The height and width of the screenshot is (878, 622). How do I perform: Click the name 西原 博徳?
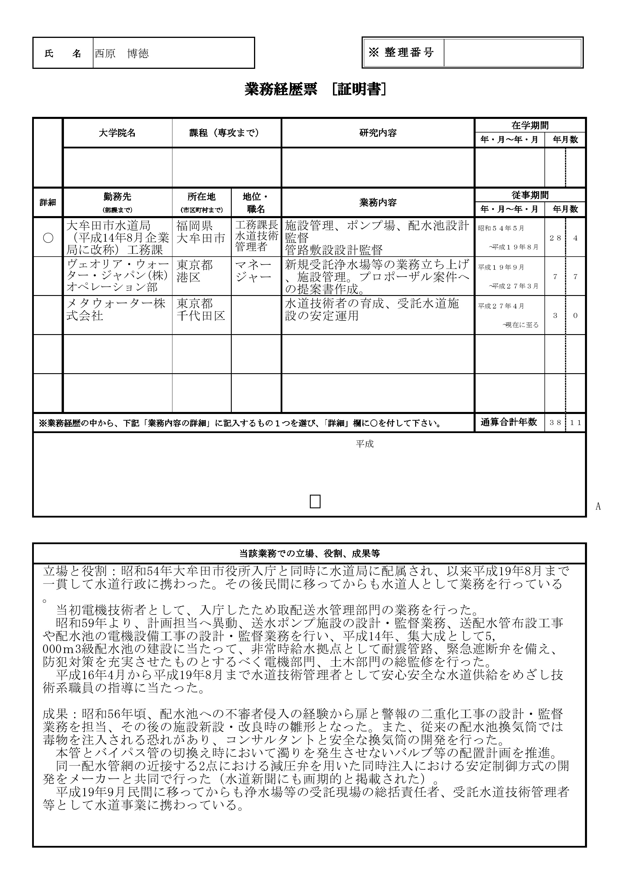click(122, 54)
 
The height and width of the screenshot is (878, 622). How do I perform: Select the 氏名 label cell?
click(63, 54)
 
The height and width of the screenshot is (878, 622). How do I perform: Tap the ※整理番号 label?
click(401, 52)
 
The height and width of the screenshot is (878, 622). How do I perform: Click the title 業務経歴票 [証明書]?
click(315, 90)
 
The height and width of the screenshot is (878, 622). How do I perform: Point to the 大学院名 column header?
click(117, 133)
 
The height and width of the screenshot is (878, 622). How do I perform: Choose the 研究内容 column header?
click(378, 133)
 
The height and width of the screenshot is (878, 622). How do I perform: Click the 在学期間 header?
click(530, 125)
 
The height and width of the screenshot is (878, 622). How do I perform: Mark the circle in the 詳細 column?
click(48, 238)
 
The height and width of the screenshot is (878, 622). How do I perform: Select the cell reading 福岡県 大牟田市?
click(201, 232)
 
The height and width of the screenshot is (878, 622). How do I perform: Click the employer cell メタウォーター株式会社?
click(116, 310)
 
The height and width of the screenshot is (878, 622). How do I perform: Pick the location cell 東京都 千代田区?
click(201, 310)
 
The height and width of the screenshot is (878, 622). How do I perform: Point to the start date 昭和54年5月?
click(501, 228)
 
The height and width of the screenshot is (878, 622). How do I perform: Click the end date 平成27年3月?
click(514, 286)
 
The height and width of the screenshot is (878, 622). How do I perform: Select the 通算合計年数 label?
click(509, 422)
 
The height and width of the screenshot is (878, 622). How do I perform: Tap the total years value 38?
click(555, 423)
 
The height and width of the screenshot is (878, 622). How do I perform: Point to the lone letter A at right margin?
click(598, 507)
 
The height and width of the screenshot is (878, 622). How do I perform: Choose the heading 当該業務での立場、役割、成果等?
click(310, 553)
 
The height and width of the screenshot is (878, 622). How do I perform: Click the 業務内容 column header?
click(378, 203)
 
